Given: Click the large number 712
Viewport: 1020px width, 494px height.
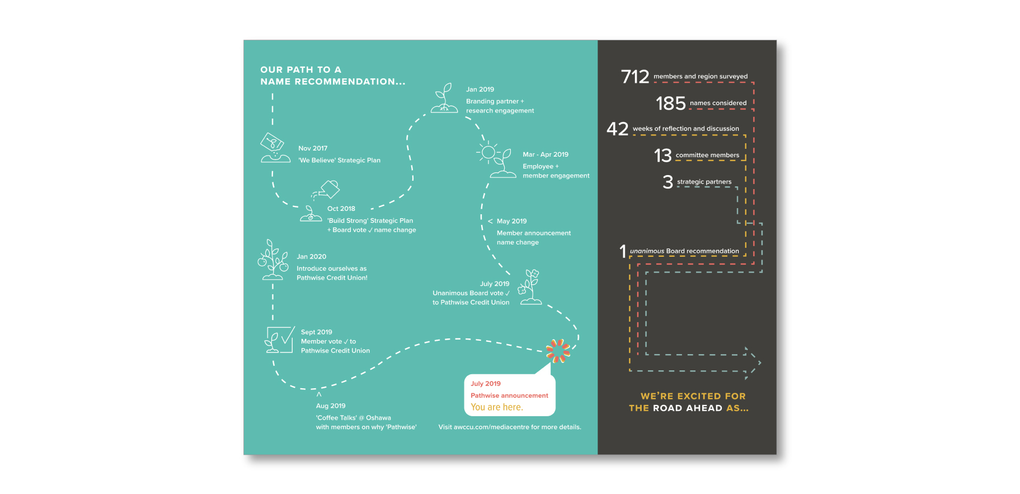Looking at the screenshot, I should click(634, 77).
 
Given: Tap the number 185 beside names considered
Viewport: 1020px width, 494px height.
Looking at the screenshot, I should click(670, 103).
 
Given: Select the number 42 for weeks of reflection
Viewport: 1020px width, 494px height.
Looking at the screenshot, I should click(617, 129).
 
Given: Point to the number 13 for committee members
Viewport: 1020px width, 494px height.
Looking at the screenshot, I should click(662, 156).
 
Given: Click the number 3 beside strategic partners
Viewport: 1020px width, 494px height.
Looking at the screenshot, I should click(668, 182).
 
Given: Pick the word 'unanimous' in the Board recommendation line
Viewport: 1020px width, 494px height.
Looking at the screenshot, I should click(647, 251).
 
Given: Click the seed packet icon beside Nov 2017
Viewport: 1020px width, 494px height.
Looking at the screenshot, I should click(272, 143).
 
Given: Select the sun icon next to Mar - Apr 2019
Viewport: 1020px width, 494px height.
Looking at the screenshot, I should click(488, 152).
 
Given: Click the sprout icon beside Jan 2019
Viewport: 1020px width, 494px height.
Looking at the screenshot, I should click(444, 98).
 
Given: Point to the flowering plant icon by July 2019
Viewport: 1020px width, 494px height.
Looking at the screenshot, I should click(530, 286).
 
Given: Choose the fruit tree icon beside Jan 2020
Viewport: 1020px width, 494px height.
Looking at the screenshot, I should click(272, 260).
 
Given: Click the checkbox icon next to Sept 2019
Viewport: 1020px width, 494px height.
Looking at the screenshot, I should click(280, 340).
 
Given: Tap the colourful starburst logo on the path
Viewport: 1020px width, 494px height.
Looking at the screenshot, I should click(558, 351).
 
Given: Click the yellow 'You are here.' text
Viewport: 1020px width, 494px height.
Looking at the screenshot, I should click(497, 407).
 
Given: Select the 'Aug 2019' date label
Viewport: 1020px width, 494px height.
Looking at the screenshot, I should click(331, 406).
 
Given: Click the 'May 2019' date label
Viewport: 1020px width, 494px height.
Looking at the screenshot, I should click(511, 222).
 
